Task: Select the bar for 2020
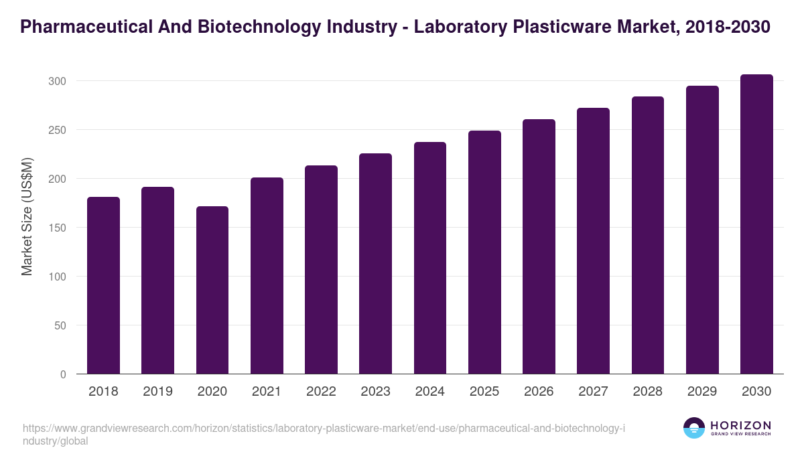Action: coord(212,290)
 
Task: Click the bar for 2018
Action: coord(103,285)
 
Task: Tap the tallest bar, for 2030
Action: coord(756,224)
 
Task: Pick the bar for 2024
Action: coord(430,258)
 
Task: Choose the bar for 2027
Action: coord(593,241)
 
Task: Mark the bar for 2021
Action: coord(267,276)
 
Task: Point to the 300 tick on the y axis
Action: coord(57,81)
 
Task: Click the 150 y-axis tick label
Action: coord(57,228)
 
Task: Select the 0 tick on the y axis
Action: coord(63,374)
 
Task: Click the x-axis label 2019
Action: coord(157,391)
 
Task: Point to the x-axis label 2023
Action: coord(375,391)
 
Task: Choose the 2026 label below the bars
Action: coord(539,391)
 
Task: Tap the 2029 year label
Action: coord(702,391)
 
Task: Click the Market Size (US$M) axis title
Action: coord(27,216)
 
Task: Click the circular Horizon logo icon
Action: coord(694,428)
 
